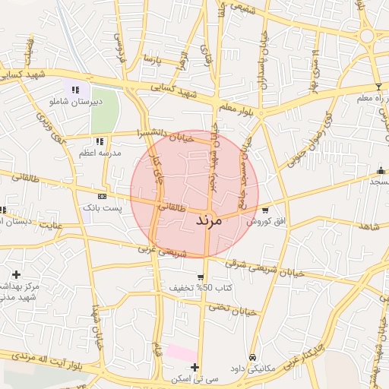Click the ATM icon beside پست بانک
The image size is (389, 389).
click(102, 196)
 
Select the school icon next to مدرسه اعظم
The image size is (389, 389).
click(100, 141)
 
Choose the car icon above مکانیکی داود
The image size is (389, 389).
click(251, 357)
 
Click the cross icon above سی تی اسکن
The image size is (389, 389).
click(196, 367)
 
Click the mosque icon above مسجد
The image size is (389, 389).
click(381, 170)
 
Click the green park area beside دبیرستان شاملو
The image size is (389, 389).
click(106, 110)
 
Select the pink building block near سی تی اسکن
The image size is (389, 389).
click(181, 353)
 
